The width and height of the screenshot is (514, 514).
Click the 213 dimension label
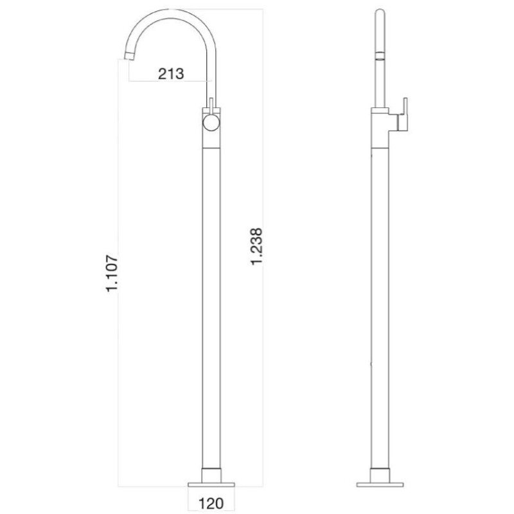171,74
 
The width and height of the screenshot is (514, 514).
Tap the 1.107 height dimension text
112,274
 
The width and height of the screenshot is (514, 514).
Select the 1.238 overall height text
256,247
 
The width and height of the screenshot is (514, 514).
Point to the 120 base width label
211,503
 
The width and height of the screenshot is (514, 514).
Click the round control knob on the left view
211,123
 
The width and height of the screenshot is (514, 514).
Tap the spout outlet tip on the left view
130,57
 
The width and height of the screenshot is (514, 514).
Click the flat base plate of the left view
211,484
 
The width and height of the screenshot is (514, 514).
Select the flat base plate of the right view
380,484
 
